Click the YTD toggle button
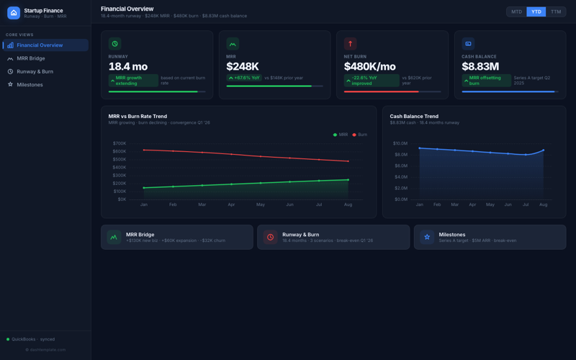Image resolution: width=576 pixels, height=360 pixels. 536,12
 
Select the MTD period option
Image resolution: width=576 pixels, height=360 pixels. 516,12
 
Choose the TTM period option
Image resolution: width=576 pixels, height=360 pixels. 556,12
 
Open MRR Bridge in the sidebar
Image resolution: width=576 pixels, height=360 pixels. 30,58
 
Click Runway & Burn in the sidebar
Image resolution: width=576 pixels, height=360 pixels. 35,71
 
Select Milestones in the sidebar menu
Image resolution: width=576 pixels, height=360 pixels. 30,84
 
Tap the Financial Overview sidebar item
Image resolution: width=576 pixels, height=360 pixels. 40,45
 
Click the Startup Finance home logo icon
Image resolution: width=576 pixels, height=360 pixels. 14,12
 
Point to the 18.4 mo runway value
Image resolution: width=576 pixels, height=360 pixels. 128,66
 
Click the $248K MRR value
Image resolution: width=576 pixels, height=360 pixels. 243,66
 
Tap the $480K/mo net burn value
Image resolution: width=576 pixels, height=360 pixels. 370,66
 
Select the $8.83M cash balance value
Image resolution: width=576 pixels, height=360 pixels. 480,66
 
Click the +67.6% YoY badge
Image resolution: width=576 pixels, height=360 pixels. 244,78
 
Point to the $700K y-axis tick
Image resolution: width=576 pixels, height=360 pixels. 119,143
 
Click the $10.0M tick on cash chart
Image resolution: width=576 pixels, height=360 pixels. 400,143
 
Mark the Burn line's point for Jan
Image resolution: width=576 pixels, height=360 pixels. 144,150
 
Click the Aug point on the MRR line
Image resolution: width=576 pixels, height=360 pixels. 348,180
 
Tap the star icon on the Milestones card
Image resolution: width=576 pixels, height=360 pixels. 427,237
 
